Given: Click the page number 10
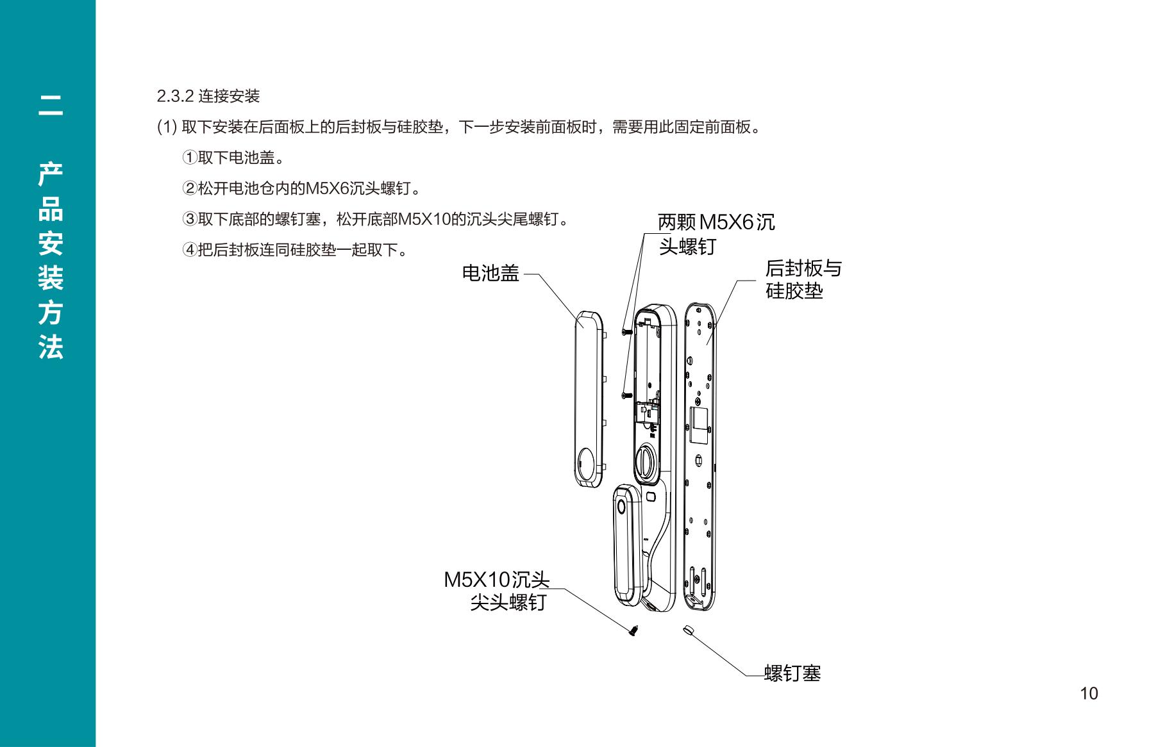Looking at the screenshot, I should pyautogui.click(x=1089, y=694).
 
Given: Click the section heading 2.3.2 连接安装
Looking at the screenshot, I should pyautogui.click(x=208, y=97).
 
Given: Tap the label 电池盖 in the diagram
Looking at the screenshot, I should pyautogui.click(x=490, y=274).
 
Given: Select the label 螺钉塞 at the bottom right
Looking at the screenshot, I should pyautogui.click(x=792, y=673).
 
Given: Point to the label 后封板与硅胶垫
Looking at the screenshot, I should pyautogui.click(x=803, y=279).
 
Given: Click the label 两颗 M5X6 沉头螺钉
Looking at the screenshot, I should pyautogui.click(x=716, y=234).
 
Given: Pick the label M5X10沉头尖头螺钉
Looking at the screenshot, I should pyautogui.click(x=498, y=591).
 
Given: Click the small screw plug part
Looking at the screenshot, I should pyautogui.click(x=689, y=630).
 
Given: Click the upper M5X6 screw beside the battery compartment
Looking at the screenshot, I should pyautogui.click(x=626, y=331).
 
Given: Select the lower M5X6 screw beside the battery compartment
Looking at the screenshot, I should pyautogui.click(x=626, y=396).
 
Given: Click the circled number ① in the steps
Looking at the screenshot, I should pyautogui.click(x=190, y=157).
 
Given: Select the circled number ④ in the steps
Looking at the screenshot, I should pyautogui.click(x=190, y=249).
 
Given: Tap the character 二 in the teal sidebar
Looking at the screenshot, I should pyautogui.click(x=50, y=106).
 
